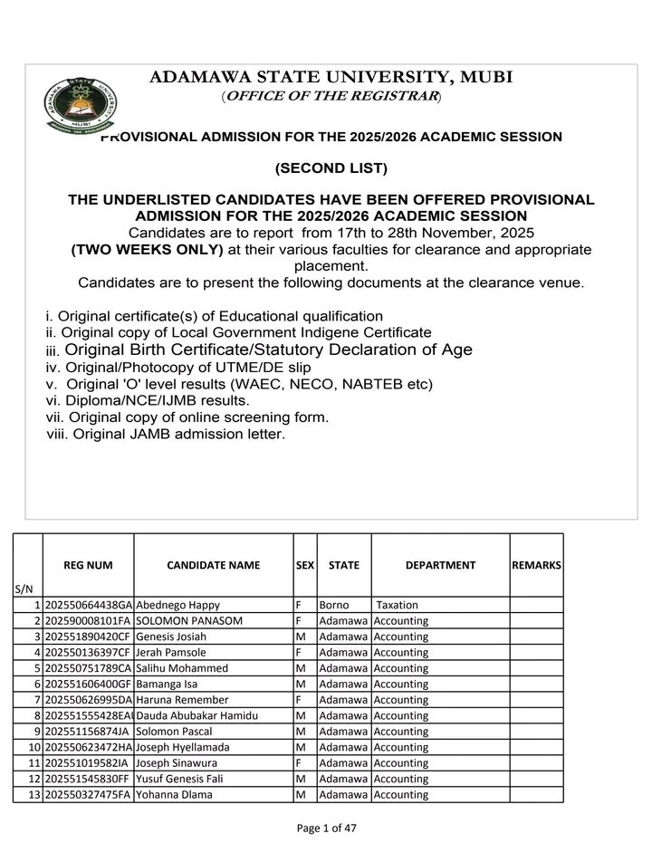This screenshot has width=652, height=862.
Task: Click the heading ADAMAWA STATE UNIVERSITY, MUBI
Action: coord(331,78)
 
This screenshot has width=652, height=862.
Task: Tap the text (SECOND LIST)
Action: coord(331,168)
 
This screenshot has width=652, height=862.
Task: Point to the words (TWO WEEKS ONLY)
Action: coord(147,249)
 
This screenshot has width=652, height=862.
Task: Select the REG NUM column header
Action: coord(88,565)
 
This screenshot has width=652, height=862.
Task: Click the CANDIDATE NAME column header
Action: coord(214,565)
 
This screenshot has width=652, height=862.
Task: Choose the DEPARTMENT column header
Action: coord(440,565)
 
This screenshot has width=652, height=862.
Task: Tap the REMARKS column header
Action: coord(536,565)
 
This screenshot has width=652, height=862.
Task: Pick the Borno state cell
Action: coord(334,604)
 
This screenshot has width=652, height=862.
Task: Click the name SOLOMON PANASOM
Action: coord(180,620)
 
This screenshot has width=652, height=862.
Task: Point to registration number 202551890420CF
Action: coord(88,637)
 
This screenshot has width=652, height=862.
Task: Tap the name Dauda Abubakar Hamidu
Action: coord(197,714)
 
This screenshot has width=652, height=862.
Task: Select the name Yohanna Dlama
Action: coord(176,794)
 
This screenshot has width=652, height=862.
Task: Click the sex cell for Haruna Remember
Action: coord(304,699)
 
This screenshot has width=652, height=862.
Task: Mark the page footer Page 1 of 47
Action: coord(331,828)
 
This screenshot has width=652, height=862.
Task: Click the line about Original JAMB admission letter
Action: coord(166,435)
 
